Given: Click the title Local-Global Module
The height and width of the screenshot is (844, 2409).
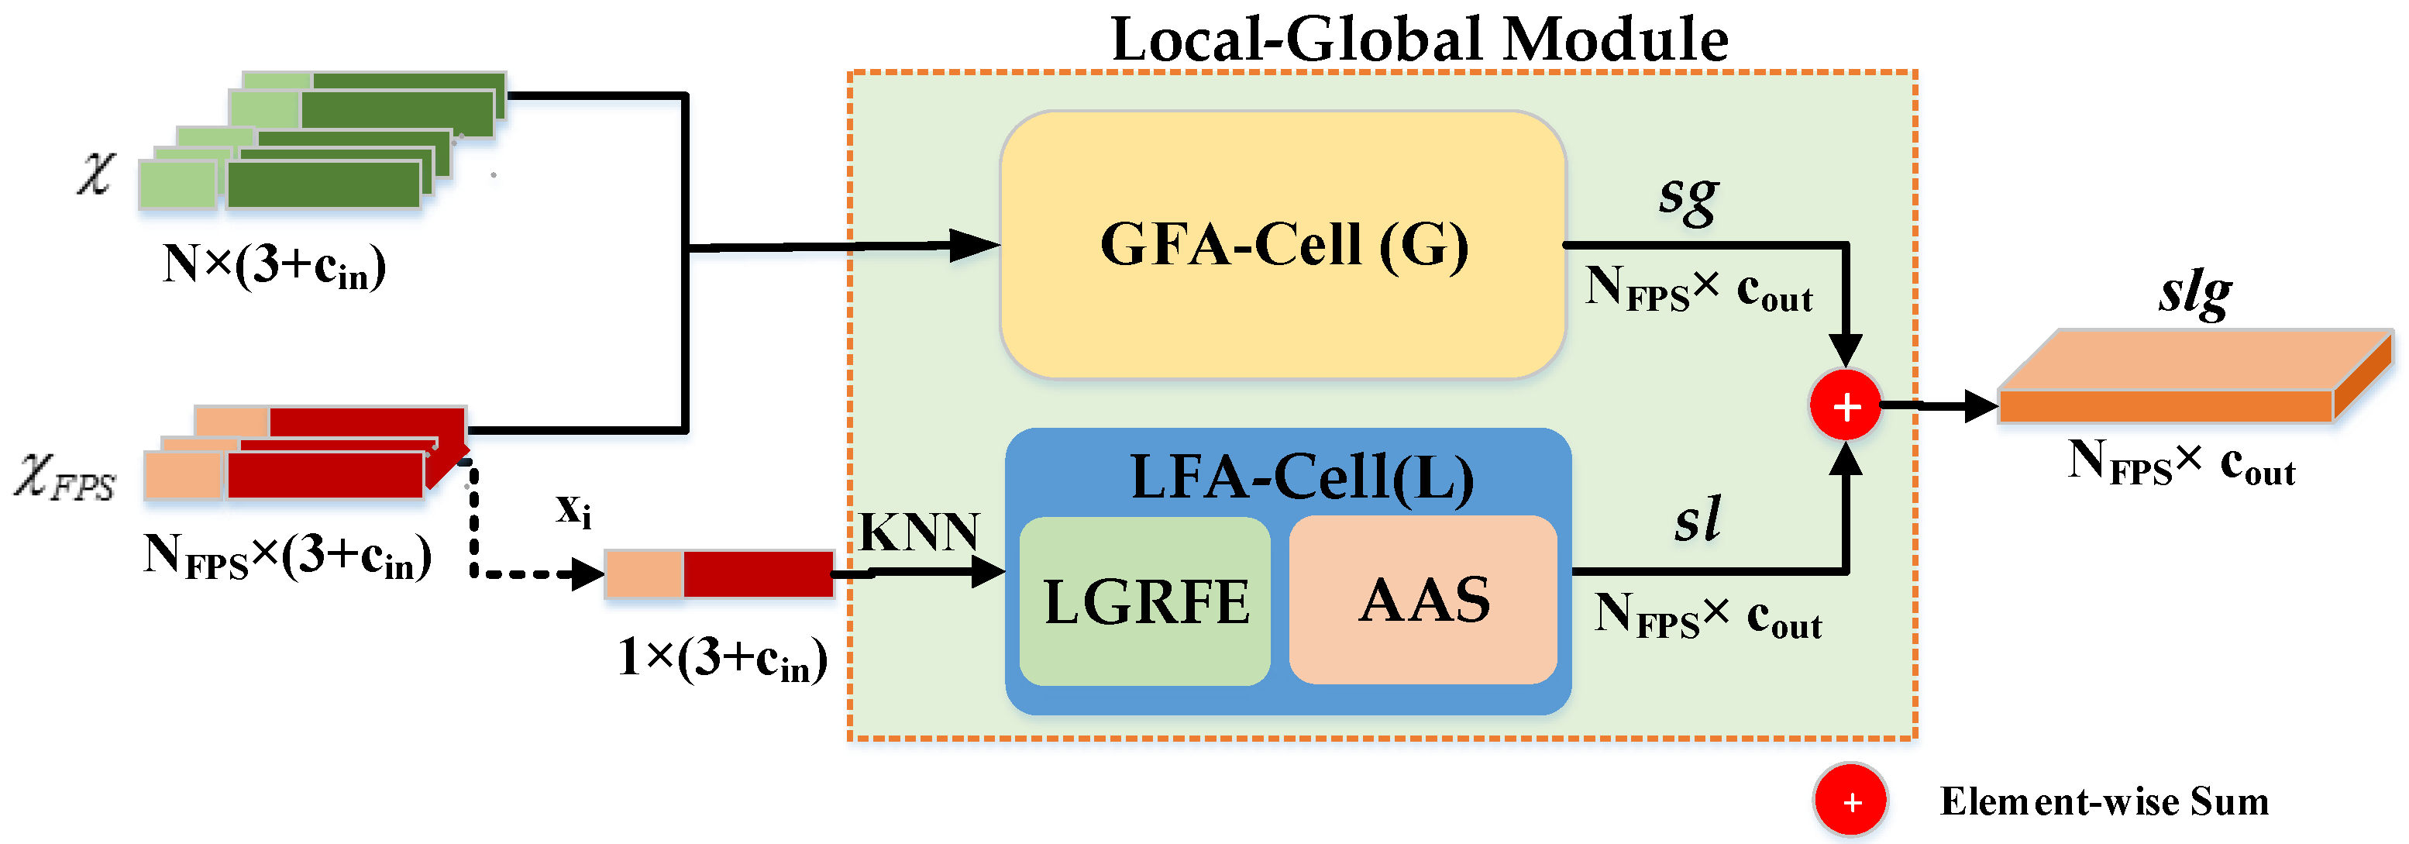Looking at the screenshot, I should tap(1419, 40).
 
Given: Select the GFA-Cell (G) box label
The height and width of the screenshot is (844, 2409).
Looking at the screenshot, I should tap(1283, 245).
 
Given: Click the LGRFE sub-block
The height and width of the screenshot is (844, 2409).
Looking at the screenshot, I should tap(1144, 601).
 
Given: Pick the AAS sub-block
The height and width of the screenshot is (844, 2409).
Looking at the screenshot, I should tap(1423, 600).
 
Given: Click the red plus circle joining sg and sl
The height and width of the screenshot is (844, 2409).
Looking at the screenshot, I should tap(1845, 407).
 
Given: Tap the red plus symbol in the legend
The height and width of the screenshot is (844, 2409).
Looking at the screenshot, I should tap(1850, 802).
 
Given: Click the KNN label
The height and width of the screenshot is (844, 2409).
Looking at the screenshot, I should tap(918, 532).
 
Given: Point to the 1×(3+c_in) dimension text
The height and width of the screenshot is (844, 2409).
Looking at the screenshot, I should tap(722, 659).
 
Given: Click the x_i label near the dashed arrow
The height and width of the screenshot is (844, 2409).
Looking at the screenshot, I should tap(573, 511).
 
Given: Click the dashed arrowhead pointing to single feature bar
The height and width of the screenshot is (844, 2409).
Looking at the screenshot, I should tap(587, 574).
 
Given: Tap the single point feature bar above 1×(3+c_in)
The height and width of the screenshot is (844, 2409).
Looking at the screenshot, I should tap(718, 574).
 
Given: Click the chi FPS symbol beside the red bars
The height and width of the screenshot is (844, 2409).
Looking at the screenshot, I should tap(64, 477).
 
